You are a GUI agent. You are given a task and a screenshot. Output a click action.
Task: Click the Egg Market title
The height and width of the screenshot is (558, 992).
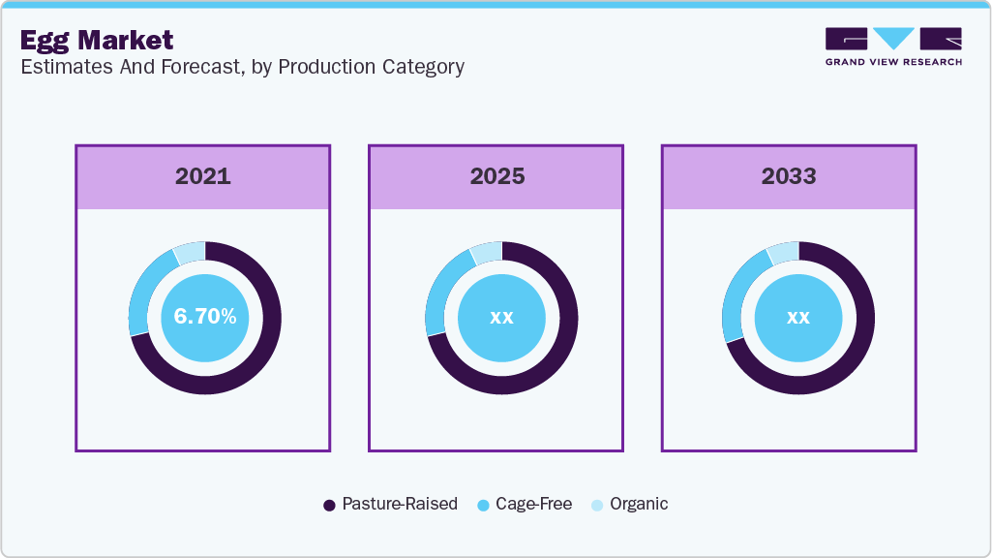[97, 40]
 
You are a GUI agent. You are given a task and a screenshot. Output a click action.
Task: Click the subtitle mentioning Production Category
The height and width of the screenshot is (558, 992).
[242, 67]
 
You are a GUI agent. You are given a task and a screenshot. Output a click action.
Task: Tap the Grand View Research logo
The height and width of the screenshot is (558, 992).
[892, 46]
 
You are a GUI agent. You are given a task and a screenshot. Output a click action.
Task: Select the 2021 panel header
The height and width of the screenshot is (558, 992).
[203, 176]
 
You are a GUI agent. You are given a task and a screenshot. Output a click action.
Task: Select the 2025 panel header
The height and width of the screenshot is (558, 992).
[496, 176]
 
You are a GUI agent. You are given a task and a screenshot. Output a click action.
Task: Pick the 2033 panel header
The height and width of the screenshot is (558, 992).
[789, 176]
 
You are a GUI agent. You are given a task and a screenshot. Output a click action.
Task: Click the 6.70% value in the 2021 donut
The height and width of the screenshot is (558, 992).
[204, 317]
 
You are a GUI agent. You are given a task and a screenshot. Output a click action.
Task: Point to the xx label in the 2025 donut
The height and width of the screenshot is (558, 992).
[501, 317]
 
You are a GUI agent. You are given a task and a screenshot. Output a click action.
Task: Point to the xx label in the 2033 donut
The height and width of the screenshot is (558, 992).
[797, 317]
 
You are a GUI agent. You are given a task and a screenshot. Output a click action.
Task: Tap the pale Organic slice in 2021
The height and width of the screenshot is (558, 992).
[190, 252]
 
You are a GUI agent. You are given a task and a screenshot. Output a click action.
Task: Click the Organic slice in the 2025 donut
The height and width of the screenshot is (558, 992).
[487, 252]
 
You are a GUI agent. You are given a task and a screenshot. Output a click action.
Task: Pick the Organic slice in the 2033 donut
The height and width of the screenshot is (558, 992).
[783, 252]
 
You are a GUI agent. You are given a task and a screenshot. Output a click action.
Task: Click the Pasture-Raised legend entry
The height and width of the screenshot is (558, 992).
[390, 505]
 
